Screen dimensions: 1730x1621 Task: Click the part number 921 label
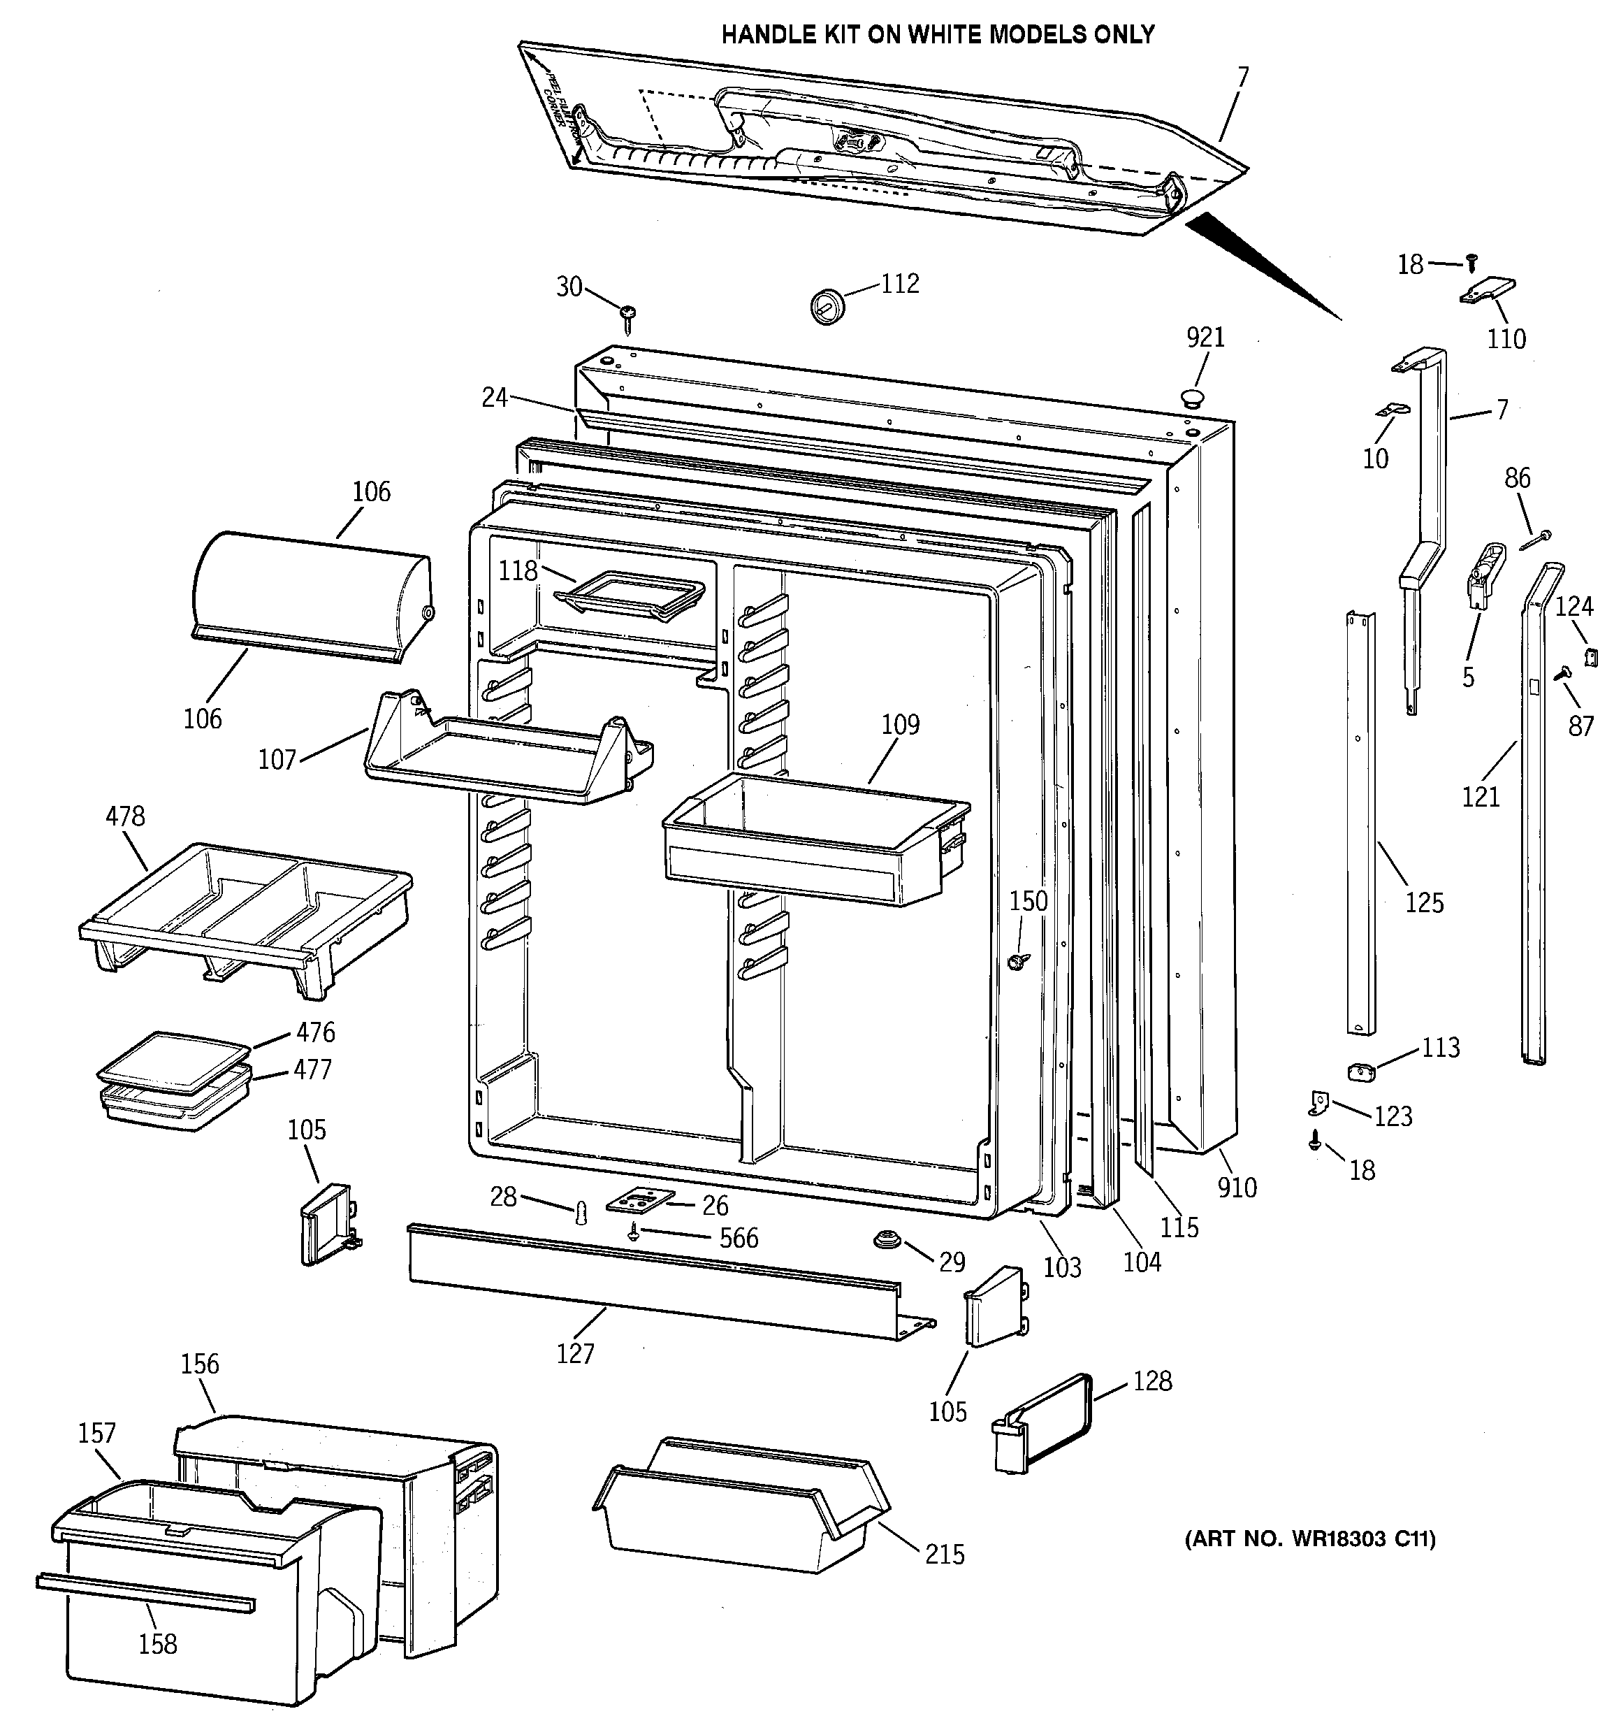(1205, 337)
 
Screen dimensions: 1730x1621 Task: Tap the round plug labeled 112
(827, 305)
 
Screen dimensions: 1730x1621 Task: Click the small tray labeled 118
(628, 596)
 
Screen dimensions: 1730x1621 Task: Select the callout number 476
(315, 1032)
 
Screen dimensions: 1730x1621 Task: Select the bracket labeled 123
(1319, 1104)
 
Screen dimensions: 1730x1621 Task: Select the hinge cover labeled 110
(1487, 291)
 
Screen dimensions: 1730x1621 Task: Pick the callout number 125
(1423, 902)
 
